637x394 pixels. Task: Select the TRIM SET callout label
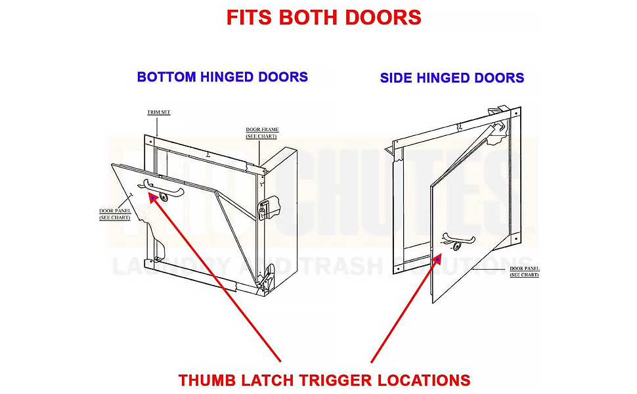(158, 113)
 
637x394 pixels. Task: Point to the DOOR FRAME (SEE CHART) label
(261, 133)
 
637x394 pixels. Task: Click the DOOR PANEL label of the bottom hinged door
(114, 214)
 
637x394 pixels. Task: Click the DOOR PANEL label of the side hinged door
(523, 271)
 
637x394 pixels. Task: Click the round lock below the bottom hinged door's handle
(163, 195)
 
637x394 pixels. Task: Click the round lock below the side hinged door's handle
(456, 246)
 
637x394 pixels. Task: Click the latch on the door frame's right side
(269, 209)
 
